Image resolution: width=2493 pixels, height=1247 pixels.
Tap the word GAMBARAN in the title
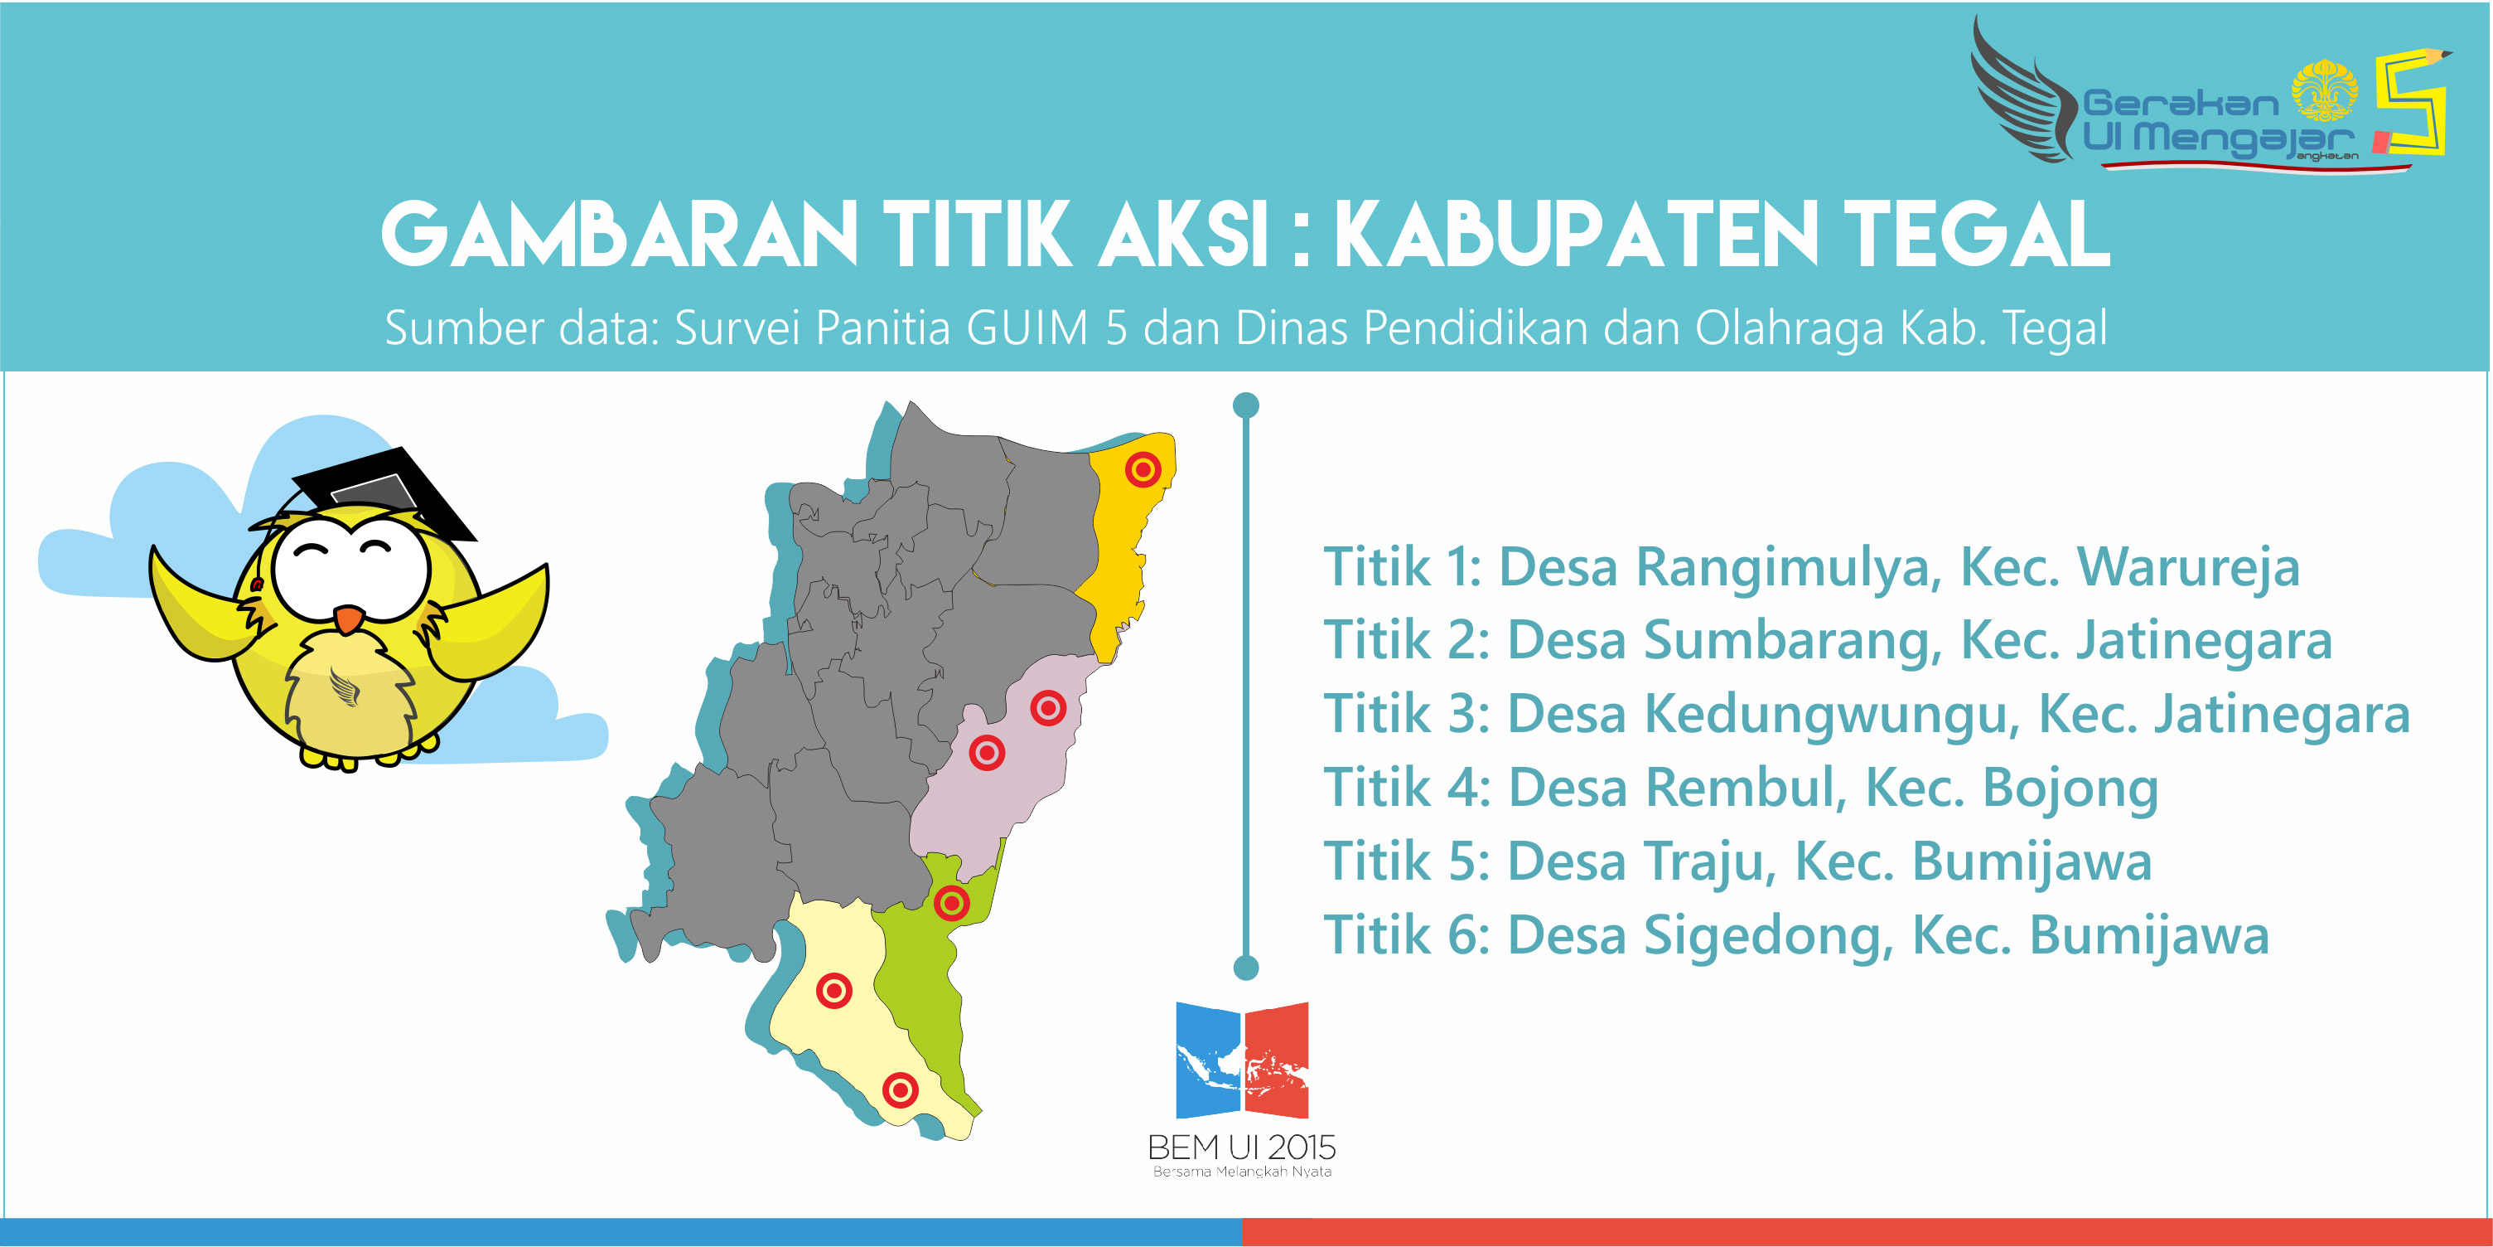pyautogui.click(x=620, y=235)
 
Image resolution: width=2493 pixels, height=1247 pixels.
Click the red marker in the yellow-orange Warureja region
pyautogui.click(x=1143, y=469)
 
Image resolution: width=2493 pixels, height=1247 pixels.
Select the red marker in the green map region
pyautogui.click(x=951, y=903)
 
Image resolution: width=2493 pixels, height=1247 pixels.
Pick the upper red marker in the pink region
pyautogui.click(x=1048, y=708)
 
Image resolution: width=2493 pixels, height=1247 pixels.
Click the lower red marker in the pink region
pyautogui.click(x=987, y=752)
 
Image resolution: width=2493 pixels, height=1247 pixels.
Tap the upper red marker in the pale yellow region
pyautogui.click(x=834, y=991)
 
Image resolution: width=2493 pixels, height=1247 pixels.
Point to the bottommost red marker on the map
pyautogui.click(x=900, y=1090)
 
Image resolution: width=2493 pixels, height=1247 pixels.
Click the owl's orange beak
pyautogui.click(x=350, y=619)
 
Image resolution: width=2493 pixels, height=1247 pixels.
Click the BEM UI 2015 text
pyautogui.click(x=1242, y=1148)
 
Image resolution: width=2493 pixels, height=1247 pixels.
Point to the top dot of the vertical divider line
pyautogui.click(x=1246, y=405)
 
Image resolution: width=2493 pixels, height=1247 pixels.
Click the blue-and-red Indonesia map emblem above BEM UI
pyautogui.click(x=1242, y=1061)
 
